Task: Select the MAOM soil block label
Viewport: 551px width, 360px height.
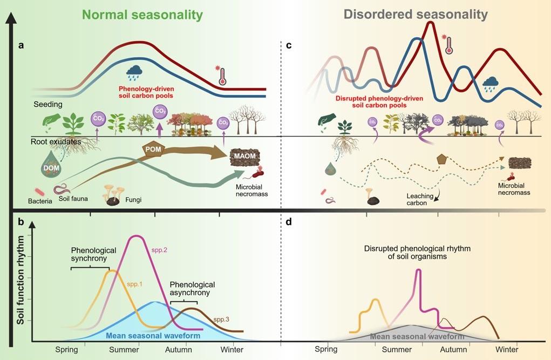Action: [246, 157]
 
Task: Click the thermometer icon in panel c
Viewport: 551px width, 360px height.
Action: [447, 44]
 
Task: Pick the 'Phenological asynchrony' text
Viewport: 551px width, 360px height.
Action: [192, 288]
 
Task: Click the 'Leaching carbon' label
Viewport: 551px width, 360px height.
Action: [413, 201]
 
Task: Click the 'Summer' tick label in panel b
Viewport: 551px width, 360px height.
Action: [124, 349]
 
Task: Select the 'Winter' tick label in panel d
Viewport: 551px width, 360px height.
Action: [506, 349]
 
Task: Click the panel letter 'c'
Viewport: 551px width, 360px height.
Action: [289, 46]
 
